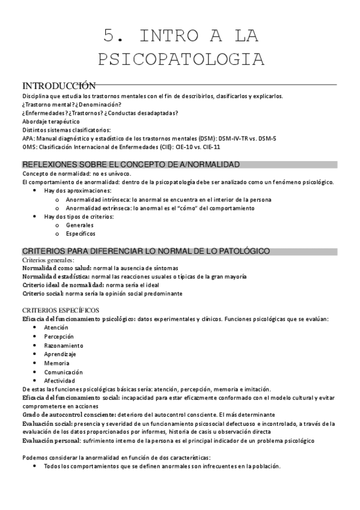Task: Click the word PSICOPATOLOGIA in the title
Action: point(180,59)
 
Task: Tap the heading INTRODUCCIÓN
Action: point(59,85)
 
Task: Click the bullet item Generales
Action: point(80,225)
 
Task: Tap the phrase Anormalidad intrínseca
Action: point(98,199)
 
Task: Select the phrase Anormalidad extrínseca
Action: point(99,207)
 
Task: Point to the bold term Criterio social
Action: point(45,293)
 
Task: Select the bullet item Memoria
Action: point(56,363)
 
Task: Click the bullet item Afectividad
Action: point(59,381)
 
